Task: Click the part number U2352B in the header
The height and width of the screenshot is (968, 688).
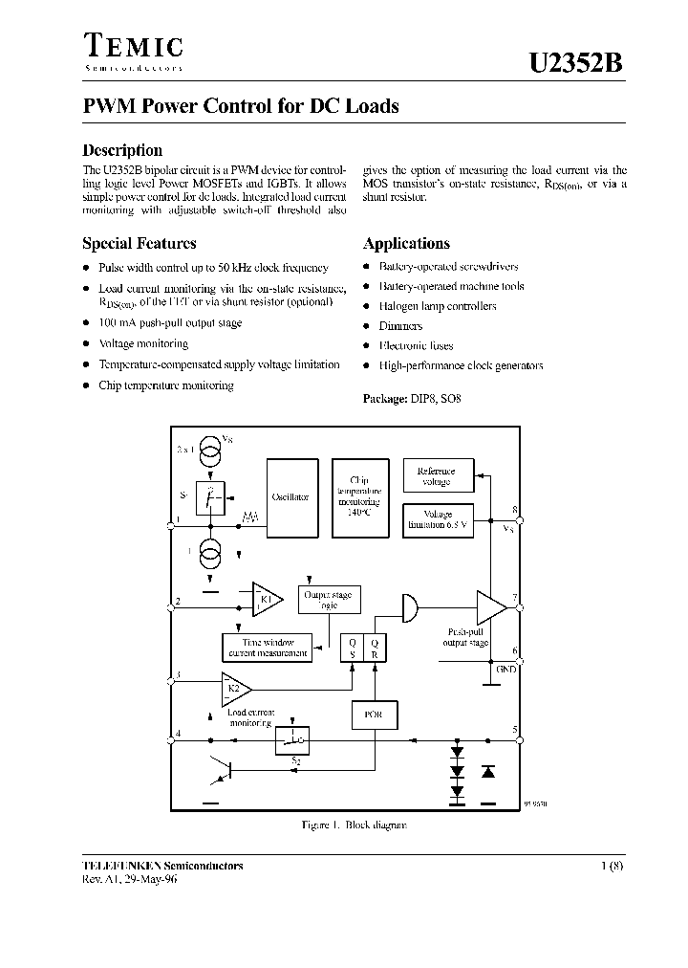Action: click(x=576, y=63)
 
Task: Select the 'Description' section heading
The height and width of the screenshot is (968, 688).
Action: click(x=122, y=150)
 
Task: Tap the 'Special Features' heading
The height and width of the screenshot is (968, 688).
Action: click(x=140, y=244)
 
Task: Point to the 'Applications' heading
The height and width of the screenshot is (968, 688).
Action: click(x=406, y=244)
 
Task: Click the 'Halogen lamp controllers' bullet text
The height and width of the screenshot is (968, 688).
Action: click(x=438, y=306)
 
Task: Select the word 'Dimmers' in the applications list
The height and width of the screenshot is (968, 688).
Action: click(x=400, y=326)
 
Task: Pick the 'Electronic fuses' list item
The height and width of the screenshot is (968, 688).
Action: click(x=416, y=345)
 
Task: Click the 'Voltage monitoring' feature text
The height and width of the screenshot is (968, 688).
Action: click(x=143, y=343)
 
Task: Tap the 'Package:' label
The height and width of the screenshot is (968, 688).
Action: click(x=385, y=398)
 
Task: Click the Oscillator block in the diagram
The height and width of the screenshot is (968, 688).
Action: click(x=290, y=497)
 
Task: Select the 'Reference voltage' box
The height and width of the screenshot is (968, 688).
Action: click(x=438, y=476)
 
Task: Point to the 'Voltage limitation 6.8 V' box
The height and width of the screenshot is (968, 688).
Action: click(x=438, y=519)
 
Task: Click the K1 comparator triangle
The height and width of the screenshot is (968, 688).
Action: click(x=266, y=600)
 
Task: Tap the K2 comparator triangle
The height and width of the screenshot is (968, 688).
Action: click(x=235, y=686)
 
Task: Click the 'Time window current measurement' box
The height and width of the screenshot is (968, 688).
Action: click(x=269, y=648)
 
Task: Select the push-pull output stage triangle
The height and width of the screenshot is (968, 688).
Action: click(x=491, y=606)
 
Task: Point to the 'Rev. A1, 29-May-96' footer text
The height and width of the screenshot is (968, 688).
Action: click(x=130, y=879)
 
